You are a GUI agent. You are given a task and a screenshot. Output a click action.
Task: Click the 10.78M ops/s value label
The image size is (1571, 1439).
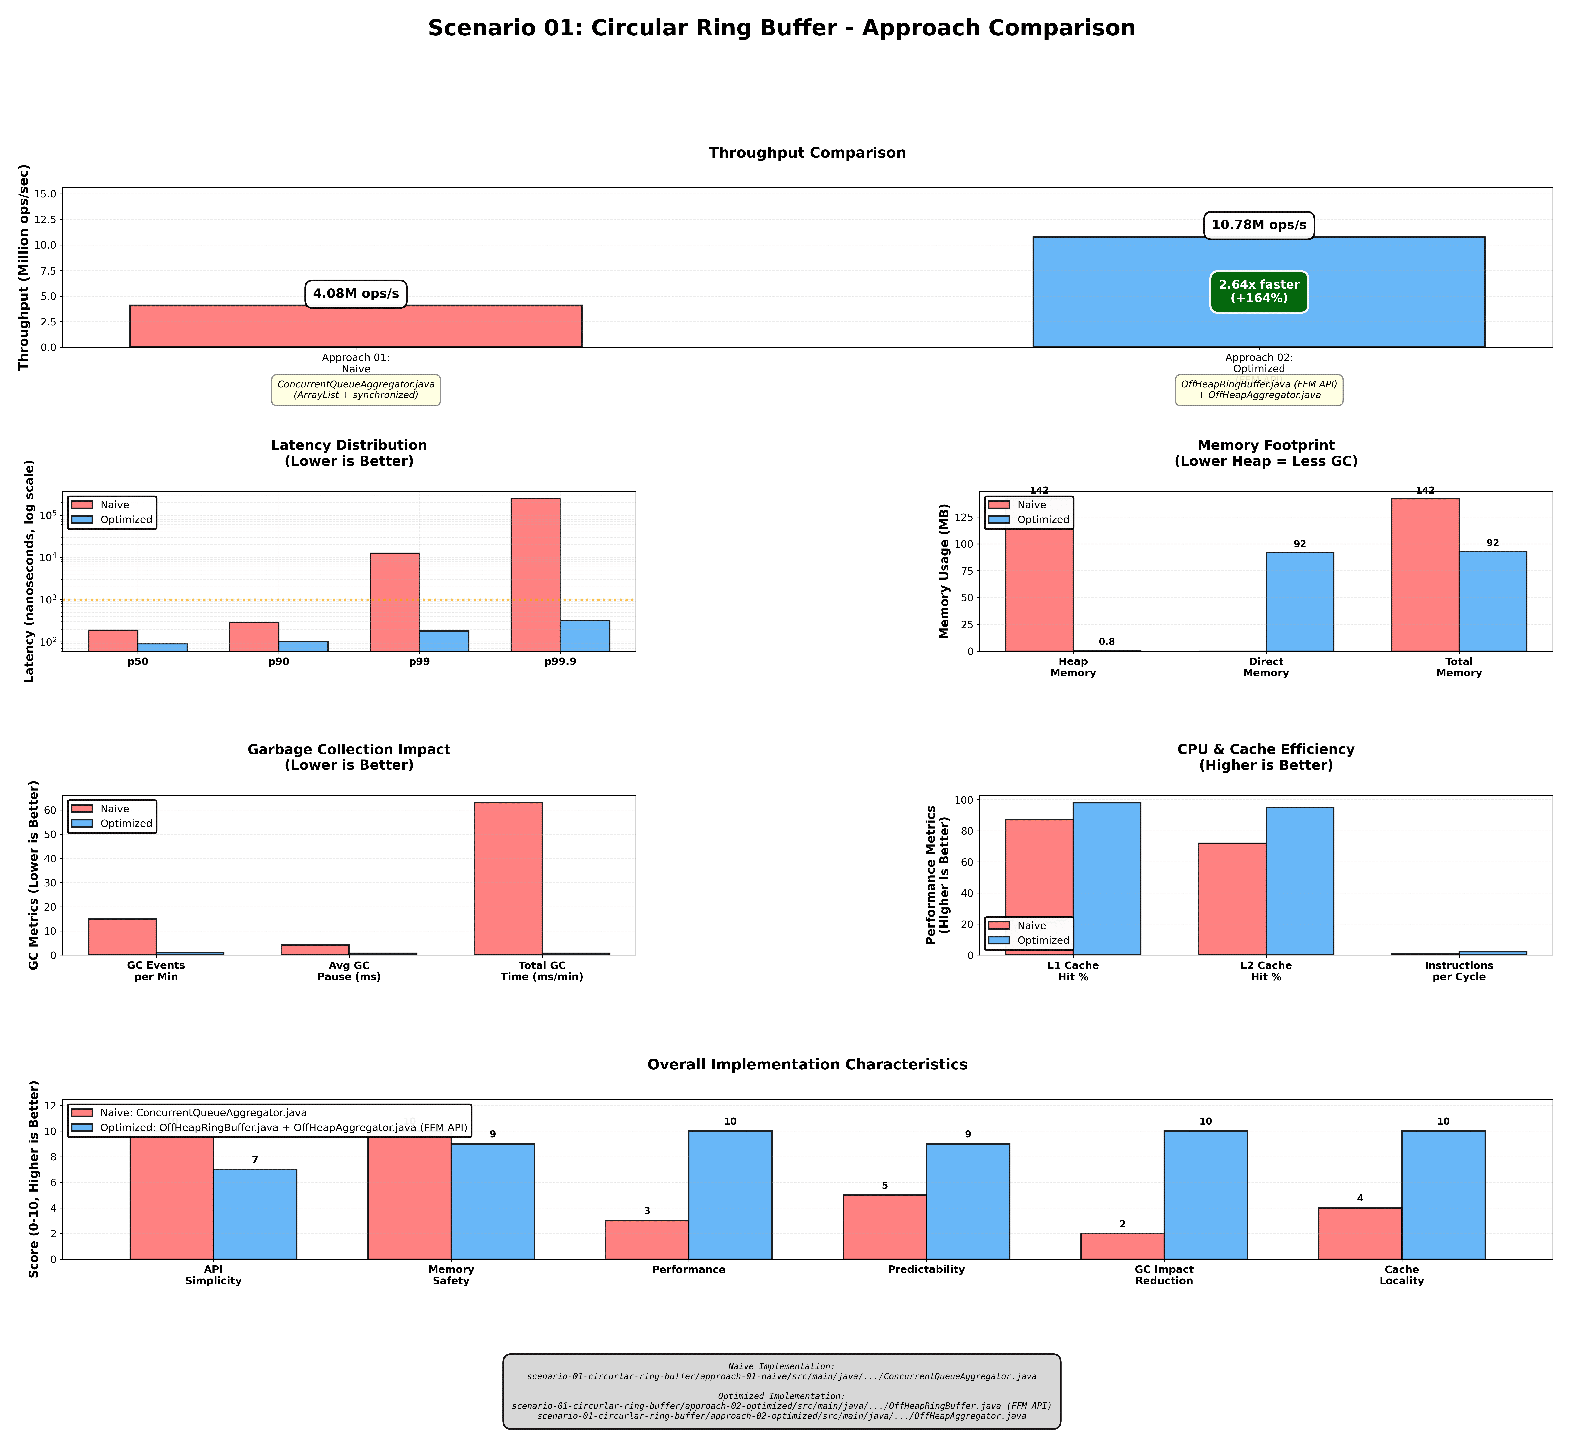1259,225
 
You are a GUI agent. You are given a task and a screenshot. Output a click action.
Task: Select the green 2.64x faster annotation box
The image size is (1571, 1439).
1259,292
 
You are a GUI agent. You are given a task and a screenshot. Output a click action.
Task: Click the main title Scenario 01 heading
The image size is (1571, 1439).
782,28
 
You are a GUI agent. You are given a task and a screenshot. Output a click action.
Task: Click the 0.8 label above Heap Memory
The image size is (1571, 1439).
1106,642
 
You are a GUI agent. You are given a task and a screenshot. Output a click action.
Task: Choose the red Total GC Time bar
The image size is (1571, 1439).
508,879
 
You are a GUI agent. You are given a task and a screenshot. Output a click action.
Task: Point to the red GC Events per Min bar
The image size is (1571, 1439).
122,937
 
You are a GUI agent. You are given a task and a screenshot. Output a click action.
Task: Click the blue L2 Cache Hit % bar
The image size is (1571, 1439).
1300,881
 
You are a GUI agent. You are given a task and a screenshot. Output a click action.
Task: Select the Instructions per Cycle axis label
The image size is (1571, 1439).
1459,971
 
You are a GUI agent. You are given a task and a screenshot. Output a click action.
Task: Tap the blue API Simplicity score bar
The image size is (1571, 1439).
255,1214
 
